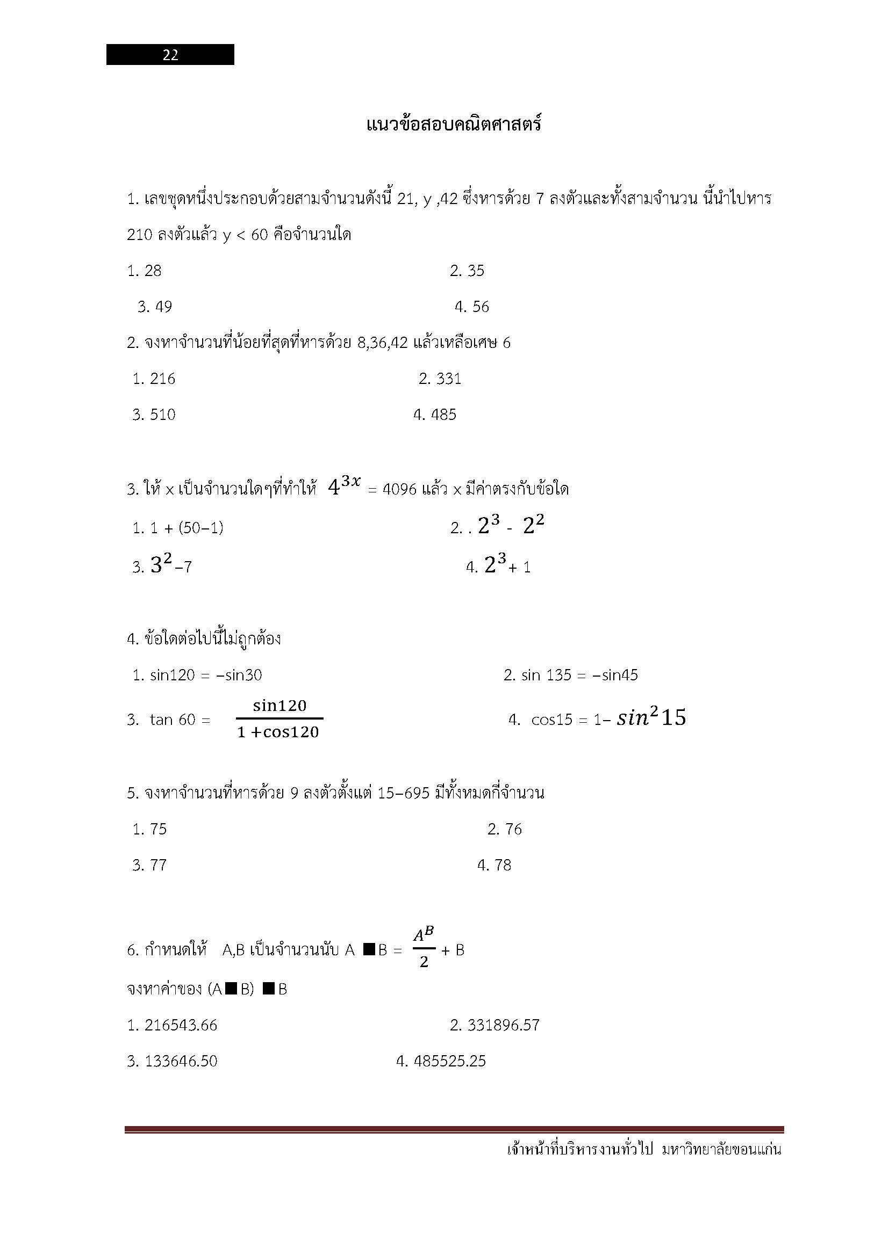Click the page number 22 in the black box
(x=170, y=55)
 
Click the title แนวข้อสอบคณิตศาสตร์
(x=453, y=125)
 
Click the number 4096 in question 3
(x=399, y=489)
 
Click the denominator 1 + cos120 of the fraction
(x=278, y=732)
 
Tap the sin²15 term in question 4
(x=651, y=718)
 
